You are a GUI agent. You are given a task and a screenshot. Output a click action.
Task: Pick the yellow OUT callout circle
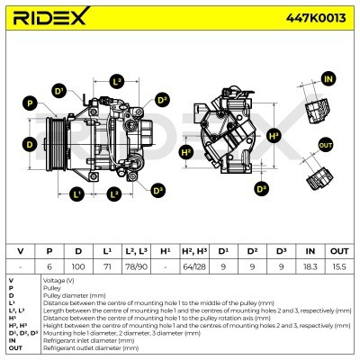click(x=326, y=145)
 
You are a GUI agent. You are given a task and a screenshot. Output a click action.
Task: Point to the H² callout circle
click(x=186, y=153)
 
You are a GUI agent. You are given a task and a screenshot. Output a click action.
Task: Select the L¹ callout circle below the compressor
click(x=77, y=193)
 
